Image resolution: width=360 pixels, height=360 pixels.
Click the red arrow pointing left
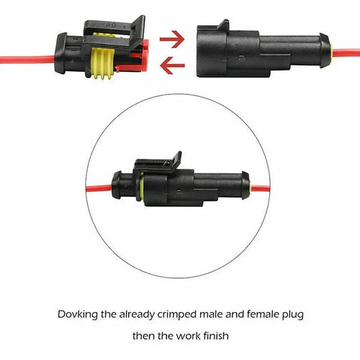click(x=172, y=65)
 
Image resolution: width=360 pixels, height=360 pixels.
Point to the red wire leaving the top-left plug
click(x=26, y=58)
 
